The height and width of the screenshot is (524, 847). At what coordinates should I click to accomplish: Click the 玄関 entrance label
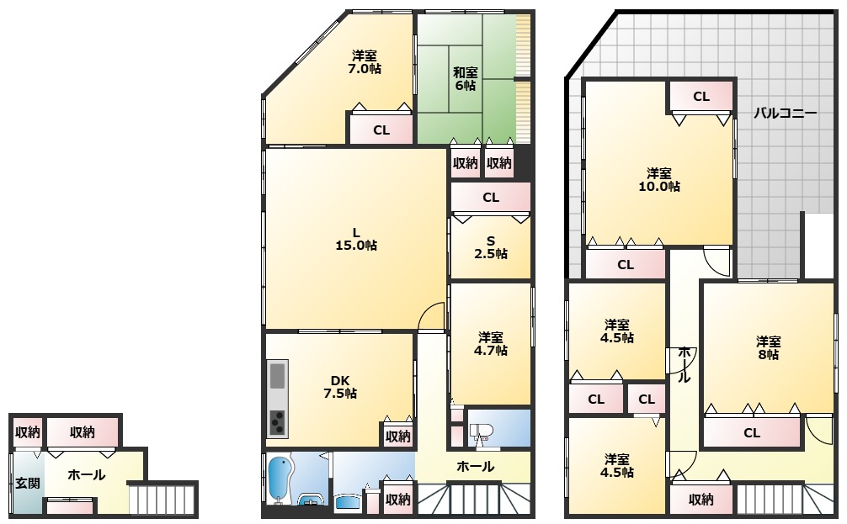click(27, 482)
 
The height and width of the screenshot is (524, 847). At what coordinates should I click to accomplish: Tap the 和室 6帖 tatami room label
click(465, 78)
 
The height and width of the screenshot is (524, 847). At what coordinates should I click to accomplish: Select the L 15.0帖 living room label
click(356, 239)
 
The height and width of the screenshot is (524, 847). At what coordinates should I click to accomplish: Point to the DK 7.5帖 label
click(340, 386)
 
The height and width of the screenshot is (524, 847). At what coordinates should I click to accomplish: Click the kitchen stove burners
click(277, 421)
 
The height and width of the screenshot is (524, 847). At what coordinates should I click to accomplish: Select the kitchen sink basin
click(277, 376)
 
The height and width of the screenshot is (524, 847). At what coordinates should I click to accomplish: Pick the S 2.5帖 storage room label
click(491, 247)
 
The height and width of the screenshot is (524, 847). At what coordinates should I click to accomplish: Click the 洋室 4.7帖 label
click(491, 344)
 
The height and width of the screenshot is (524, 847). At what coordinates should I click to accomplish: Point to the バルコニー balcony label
click(785, 114)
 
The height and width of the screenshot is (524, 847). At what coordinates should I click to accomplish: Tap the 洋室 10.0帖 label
click(659, 180)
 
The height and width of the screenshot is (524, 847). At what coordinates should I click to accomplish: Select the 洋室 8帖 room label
click(768, 348)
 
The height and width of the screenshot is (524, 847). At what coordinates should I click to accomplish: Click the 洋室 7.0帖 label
click(365, 62)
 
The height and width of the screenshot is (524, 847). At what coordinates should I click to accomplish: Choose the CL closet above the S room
click(491, 198)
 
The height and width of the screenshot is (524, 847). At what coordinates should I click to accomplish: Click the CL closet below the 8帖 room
click(752, 433)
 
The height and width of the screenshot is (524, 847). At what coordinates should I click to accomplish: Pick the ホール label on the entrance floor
click(87, 475)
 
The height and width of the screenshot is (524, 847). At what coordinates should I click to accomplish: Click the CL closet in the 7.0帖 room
click(381, 130)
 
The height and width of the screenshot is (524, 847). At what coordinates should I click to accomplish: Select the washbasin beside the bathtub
click(310, 500)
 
